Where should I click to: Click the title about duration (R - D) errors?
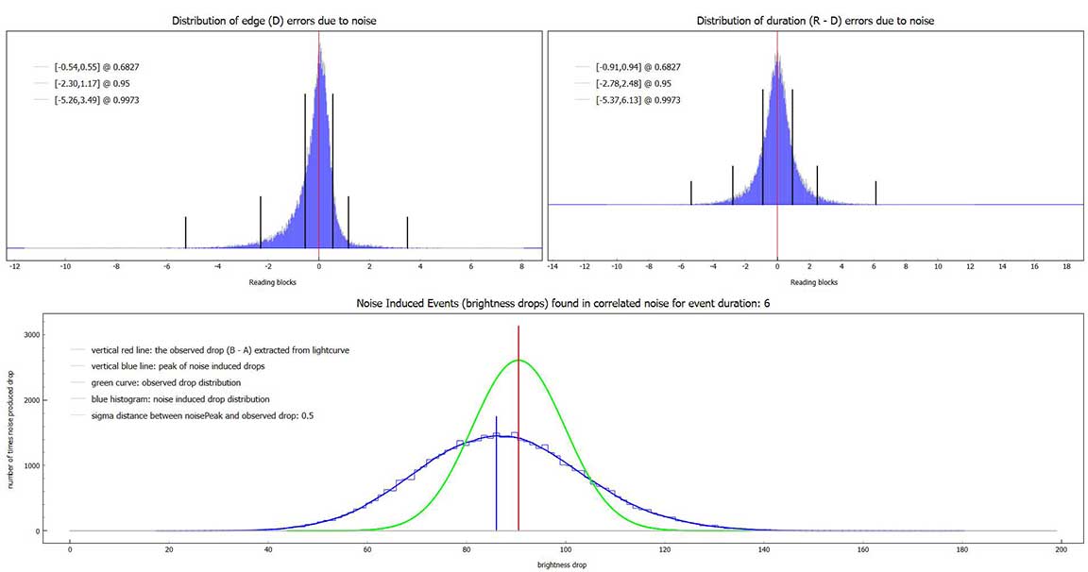815,21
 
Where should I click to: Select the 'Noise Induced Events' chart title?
545,306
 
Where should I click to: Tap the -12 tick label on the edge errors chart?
14,267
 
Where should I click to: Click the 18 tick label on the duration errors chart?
1066,267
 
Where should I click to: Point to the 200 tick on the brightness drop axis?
1061,549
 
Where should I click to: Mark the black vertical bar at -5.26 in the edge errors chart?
185,232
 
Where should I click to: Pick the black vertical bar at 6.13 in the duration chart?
875,193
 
